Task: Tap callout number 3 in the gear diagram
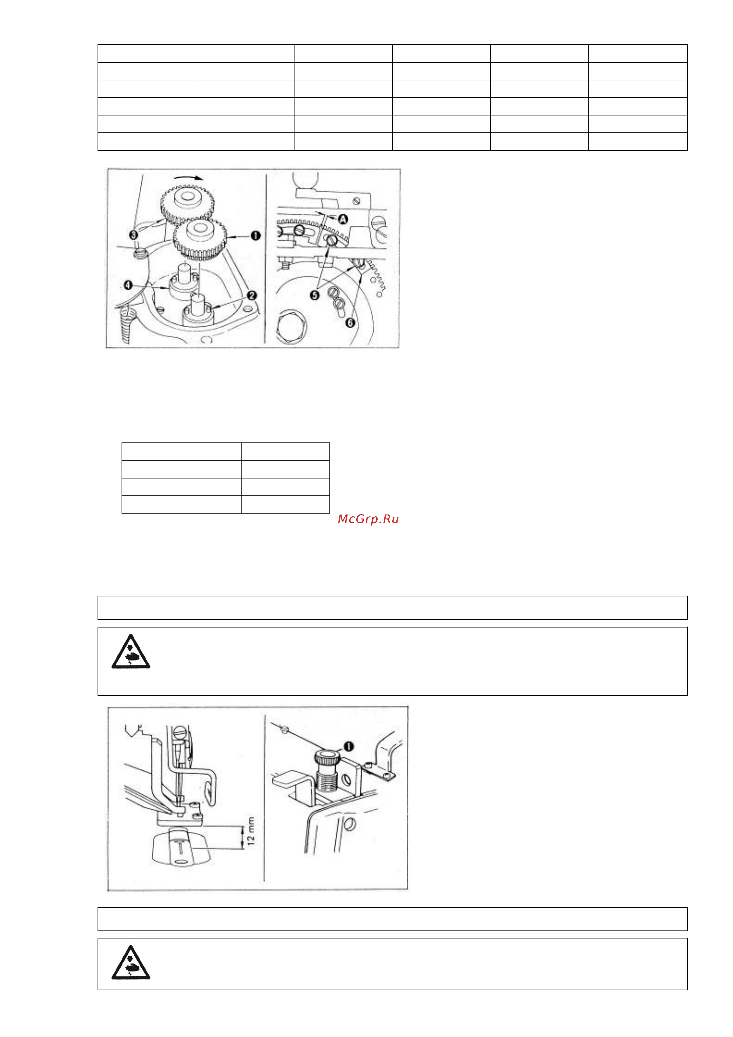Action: [133, 235]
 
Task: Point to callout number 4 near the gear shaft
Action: [128, 285]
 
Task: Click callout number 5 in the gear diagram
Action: [314, 295]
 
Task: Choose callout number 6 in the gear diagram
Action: [350, 322]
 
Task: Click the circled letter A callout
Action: [343, 220]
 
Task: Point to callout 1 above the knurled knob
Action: [349, 747]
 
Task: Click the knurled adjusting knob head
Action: [326, 757]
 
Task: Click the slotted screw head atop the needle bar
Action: [180, 731]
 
